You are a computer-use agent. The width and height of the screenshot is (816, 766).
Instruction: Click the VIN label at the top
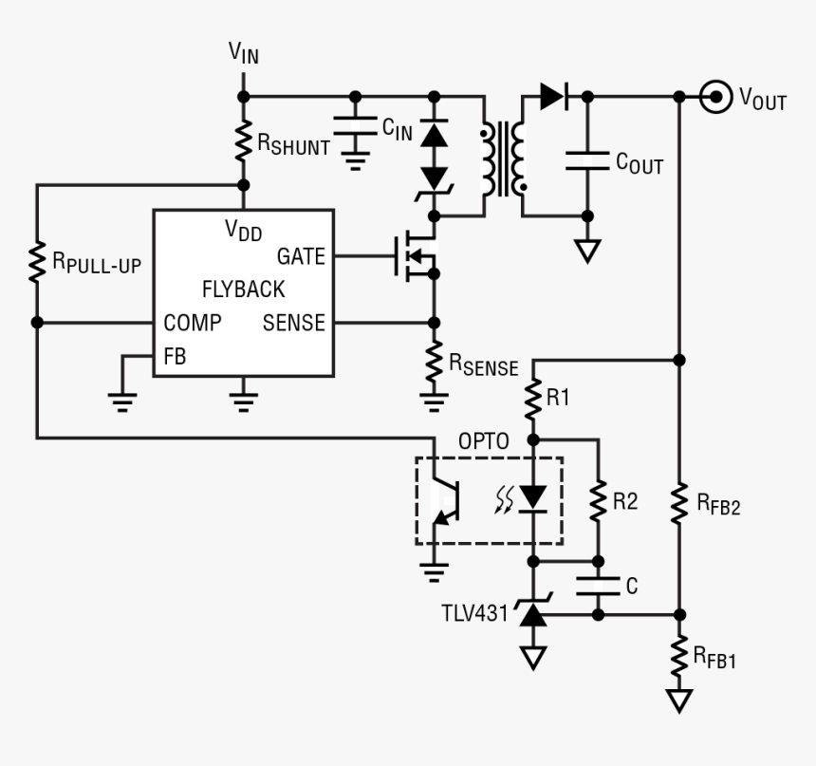[243, 53]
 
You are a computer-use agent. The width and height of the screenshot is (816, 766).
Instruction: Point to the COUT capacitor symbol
[587, 160]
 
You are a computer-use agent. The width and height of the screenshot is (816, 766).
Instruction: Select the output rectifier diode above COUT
[552, 96]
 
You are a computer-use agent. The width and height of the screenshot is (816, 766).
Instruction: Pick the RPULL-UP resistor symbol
[37, 262]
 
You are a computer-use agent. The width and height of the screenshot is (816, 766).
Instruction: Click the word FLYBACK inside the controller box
[243, 290]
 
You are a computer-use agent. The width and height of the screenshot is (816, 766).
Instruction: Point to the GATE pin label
[301, 256]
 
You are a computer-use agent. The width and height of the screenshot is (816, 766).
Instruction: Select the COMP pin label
[193, 323]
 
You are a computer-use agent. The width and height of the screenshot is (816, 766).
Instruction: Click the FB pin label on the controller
[175, 357]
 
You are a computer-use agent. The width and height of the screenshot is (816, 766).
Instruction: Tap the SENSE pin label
[294, 323]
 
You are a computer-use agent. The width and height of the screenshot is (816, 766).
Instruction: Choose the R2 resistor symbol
[598, 500]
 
